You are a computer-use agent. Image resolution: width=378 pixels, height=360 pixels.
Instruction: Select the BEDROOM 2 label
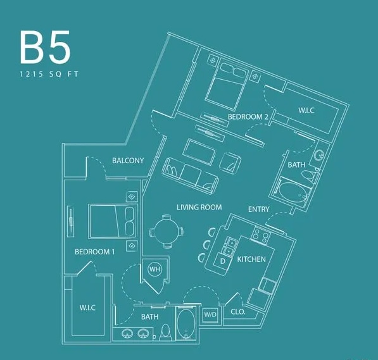click(x=249, y=117)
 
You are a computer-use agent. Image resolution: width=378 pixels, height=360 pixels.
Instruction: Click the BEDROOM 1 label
click(x=95, y=252)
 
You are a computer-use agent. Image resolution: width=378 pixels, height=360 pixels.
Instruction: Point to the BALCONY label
click(x=128, y=161)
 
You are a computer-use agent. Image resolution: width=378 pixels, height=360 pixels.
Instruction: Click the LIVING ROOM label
click(x=199, y=208)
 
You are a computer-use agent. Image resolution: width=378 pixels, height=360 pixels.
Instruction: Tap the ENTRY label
click(x=259, y=209)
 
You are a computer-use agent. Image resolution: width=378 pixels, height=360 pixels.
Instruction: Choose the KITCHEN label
click(x=251, y=259)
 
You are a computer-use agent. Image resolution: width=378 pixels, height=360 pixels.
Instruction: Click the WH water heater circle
click(x=154, y=270)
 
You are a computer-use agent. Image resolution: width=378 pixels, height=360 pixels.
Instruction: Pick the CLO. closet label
click(x=237, y=312)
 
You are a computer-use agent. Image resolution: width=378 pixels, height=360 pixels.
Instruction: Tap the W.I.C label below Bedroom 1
click(x=87, y=308)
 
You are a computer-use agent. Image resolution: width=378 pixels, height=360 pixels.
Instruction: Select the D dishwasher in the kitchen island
click(x=223, y=261)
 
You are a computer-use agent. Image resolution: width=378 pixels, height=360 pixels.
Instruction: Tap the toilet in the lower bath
click(x=165, y=331)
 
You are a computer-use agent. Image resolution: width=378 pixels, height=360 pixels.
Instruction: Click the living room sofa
click(x=189, y=174)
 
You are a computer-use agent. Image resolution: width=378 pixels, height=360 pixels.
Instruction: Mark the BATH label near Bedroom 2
click(x=296, y=164)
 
